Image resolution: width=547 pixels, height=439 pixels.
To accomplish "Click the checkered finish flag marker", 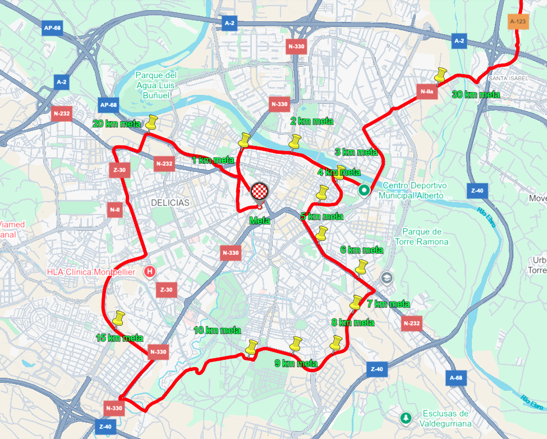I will point(260,192).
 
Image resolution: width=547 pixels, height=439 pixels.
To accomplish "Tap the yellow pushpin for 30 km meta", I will point(441,75).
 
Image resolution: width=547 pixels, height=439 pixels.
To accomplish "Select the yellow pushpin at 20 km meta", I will point(151,122).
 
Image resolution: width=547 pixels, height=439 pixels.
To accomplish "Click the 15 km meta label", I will point(119,338).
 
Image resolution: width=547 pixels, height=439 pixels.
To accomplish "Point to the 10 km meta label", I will point(218,331).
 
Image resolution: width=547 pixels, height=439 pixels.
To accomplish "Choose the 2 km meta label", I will point(311,121).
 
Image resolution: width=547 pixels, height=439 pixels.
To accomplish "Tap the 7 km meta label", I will point(388,304).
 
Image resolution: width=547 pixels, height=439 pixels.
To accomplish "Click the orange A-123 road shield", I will point(518,22).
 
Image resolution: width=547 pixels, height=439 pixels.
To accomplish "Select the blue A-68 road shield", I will point(457,378).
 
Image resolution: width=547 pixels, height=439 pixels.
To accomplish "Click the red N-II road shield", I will point(114,210).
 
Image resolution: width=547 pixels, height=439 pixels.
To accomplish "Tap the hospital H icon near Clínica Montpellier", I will point(150,272).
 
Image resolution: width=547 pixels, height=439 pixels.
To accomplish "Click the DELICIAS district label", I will point(169,202).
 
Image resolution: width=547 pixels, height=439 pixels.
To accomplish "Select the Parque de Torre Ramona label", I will point(425,236).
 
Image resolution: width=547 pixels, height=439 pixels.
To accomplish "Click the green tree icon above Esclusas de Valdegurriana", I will point(405,418).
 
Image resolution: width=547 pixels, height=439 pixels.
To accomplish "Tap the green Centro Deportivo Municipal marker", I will point(364,190).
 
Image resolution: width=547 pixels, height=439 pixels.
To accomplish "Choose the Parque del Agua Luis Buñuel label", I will point(156,85).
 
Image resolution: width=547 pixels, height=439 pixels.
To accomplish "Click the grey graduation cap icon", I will point(386,277).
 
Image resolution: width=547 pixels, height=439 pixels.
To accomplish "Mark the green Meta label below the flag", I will point(260,221).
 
